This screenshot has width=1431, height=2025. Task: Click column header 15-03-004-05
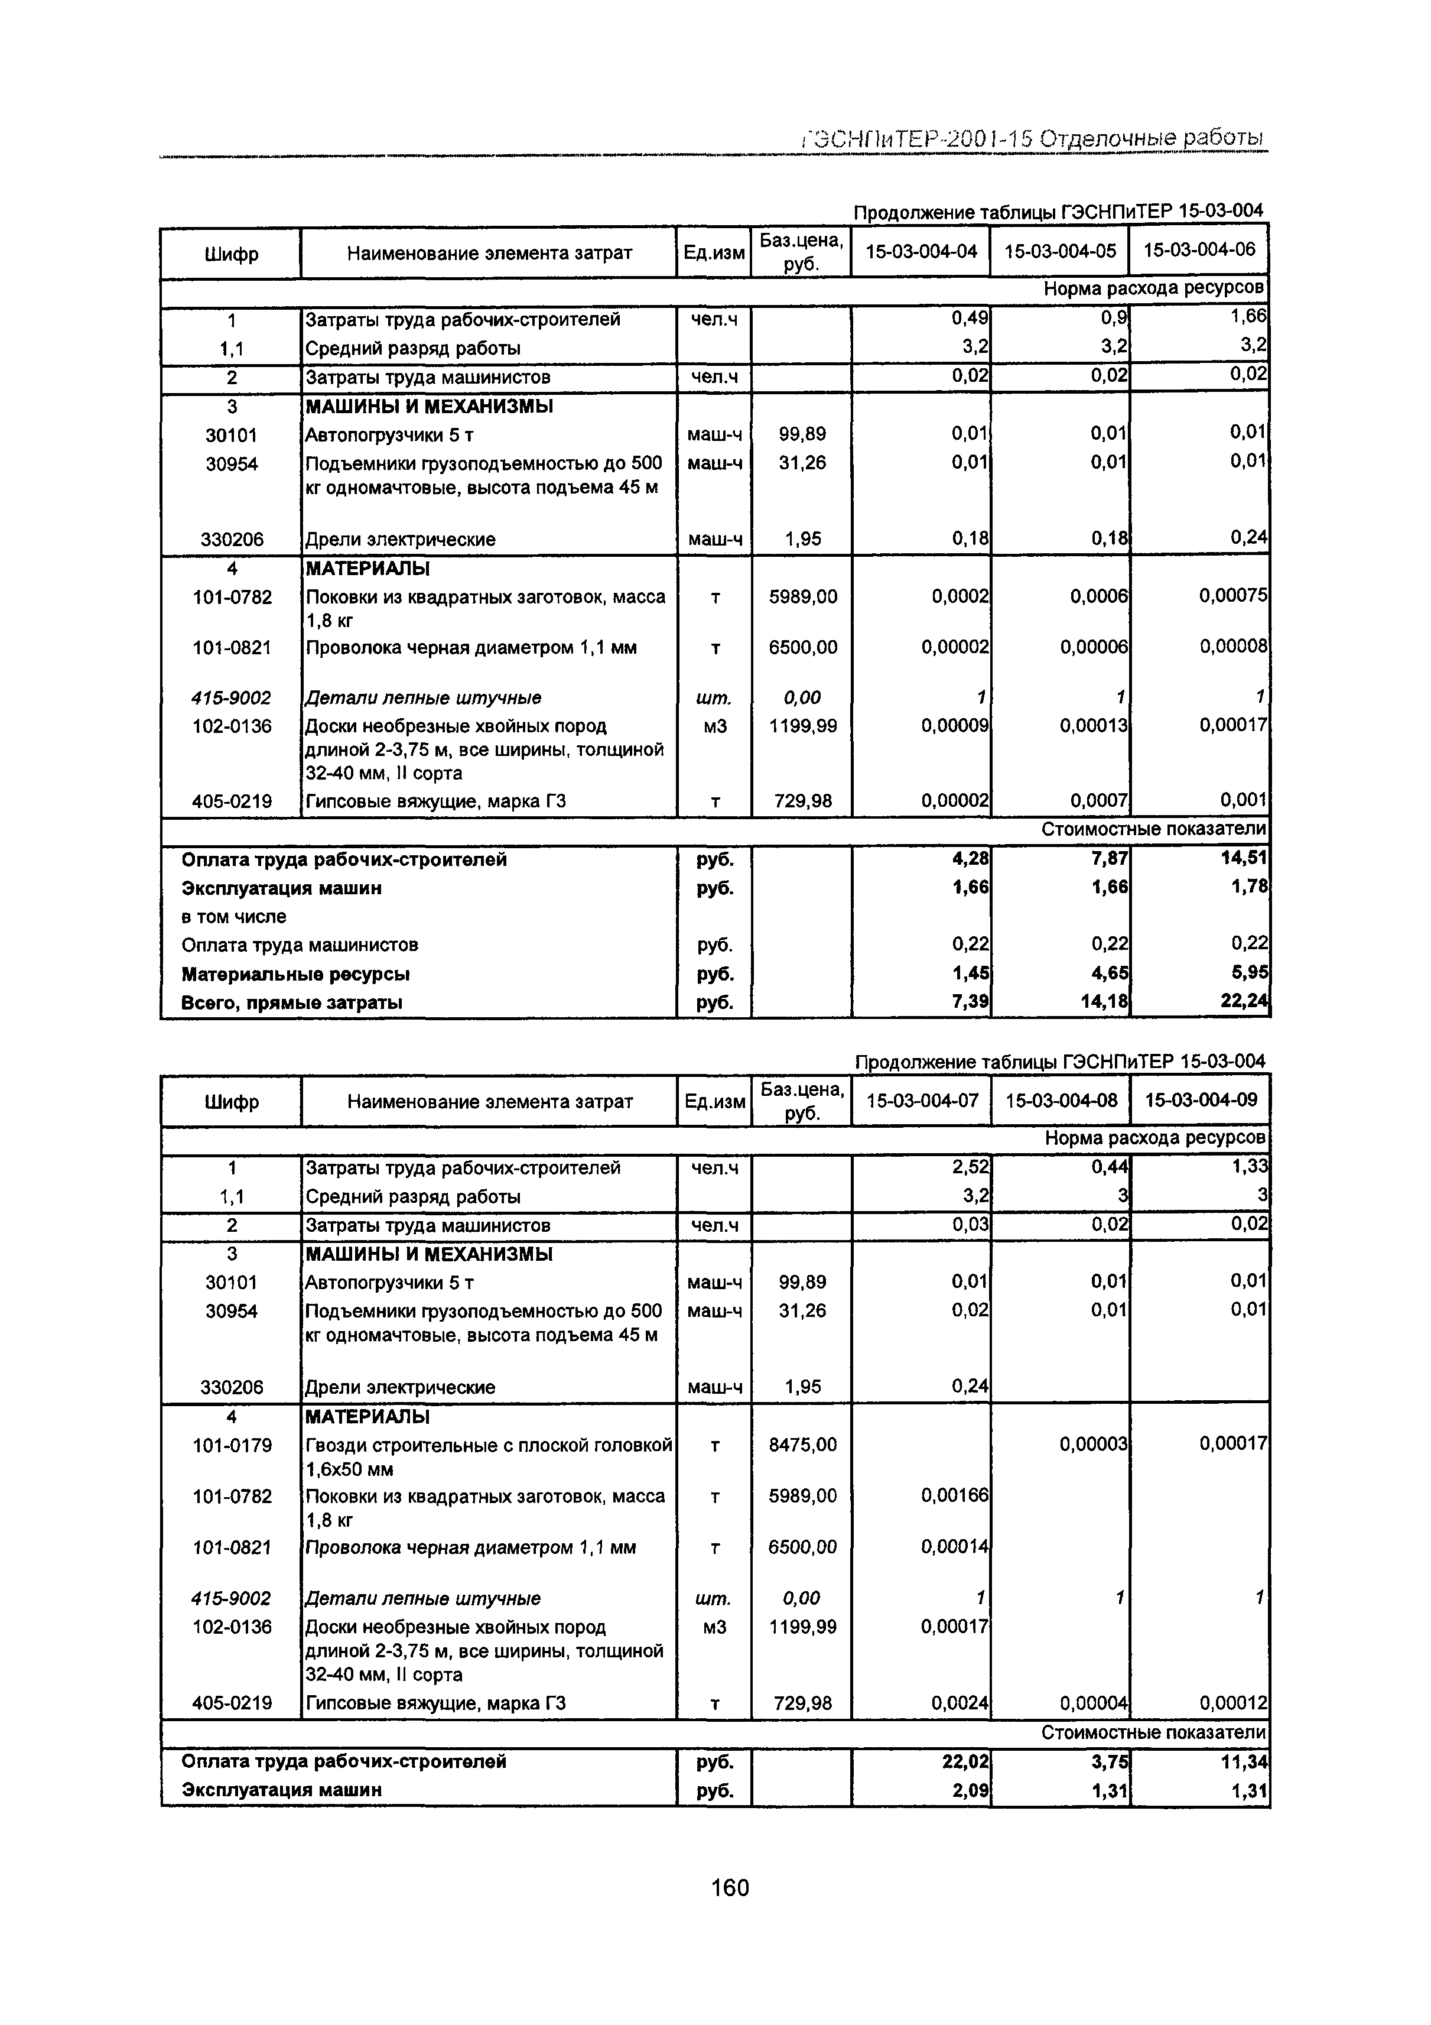click(1060, 251)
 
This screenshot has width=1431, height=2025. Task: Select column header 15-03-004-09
click(1200, 1100)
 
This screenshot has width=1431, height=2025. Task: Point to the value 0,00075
click(1232, 596)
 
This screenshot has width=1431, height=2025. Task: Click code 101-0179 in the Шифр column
click(232, 1445)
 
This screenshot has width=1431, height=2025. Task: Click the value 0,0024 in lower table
click(960, 1702)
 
